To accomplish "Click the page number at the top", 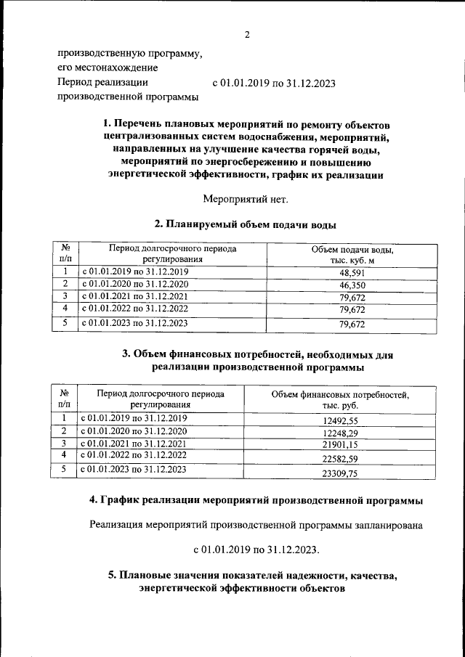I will pyautogui.click(x=247, y=35).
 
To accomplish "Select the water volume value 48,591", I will pyautogui.click(x=352, y=272).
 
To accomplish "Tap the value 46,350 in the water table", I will pyautogui.click(x=352, y=285).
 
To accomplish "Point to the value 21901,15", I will pyautogui.click(x=340, y=444).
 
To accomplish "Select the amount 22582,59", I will pyautogui.click(x=340, y=458).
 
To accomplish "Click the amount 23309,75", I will pyautogui.click(x=340, y=473).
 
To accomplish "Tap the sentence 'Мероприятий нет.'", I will pyautogui.click(x=246, y=198).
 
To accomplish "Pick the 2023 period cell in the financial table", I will pyautogui.click(x=134, y=470).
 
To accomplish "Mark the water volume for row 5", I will pyautogui.click(x=352, y=325).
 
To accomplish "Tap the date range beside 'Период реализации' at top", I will pyautogui.click(x=273, y=83).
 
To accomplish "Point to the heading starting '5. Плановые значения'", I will pyautogui.click(x=253, y=581).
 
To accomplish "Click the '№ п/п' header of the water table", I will pyautogui.click(x=65, y=253).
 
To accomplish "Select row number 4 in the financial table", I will pyautogui.click(x=64, y=454).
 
